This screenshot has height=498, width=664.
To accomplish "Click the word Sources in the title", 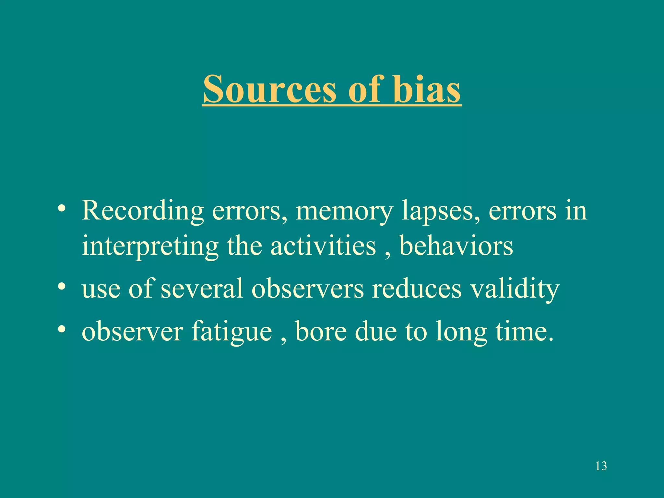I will click(x=270, y=89).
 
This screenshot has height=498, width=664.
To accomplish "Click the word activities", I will click(x=323, y=246).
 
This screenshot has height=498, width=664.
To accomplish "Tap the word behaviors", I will click(x=456, y=246).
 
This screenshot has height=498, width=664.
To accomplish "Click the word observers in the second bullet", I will click(x=308, y=289).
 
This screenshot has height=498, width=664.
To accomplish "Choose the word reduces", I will click(x=417, y=289).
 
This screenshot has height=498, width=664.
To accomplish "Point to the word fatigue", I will click(x=231, y=332).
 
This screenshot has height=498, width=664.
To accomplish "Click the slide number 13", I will click(x=601, y=466).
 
